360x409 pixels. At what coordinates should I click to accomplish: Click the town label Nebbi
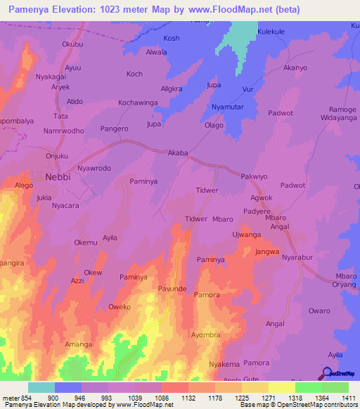tap(58, 177)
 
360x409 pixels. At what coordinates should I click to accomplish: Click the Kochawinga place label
tap(138, 103)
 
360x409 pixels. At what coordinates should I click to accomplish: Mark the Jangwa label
tap(267, 252)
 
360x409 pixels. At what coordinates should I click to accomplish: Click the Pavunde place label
tap(172, 289)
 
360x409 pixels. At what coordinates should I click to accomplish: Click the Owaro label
tap(319, 311)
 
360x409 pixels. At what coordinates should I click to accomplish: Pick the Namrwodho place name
tap(63, 131)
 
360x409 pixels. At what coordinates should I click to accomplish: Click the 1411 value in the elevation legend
tap(348, 398)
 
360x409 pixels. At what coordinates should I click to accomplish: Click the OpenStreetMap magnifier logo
tap(328, 374)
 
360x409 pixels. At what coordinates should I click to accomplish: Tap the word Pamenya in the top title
tap(32, 10)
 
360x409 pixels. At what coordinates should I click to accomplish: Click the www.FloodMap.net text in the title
tap(241, 10)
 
